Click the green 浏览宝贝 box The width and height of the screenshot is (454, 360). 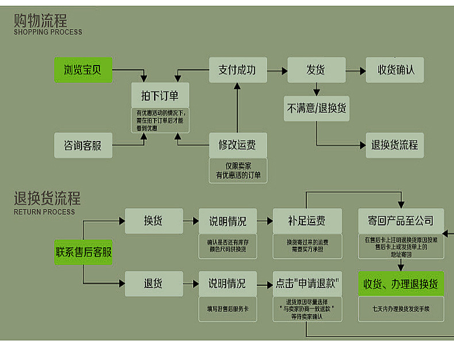click(x=83, y=70)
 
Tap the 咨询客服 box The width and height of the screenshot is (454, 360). click(x=83, y=145)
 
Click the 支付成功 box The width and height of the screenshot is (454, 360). click(x=237, y=70)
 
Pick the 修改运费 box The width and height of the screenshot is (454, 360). click(x=237, y=144)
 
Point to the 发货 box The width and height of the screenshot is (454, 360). click(x=316, y=70)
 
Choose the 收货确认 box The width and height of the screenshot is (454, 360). click(x=394, y=70)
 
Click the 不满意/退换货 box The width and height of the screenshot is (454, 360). click(x=316, y=108)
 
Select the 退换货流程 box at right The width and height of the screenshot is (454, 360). click(x=394, y=145)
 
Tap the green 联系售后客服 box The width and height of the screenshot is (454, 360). click(x=83, y=252)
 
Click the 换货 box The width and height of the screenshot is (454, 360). click(x=153, y=221)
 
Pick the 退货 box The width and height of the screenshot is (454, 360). click(x=153, y=284)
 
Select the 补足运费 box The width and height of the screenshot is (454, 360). click(x=306, y=221)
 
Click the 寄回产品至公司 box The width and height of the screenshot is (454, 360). click(x=401, y=221)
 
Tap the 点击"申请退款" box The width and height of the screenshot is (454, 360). click(x=306, y=284)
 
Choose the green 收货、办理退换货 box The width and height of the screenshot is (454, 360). click(x=401, y=284)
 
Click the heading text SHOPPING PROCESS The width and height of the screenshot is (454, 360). click(x=48, y=32)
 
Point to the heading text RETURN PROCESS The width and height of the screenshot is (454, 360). click(x=44, y=212)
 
